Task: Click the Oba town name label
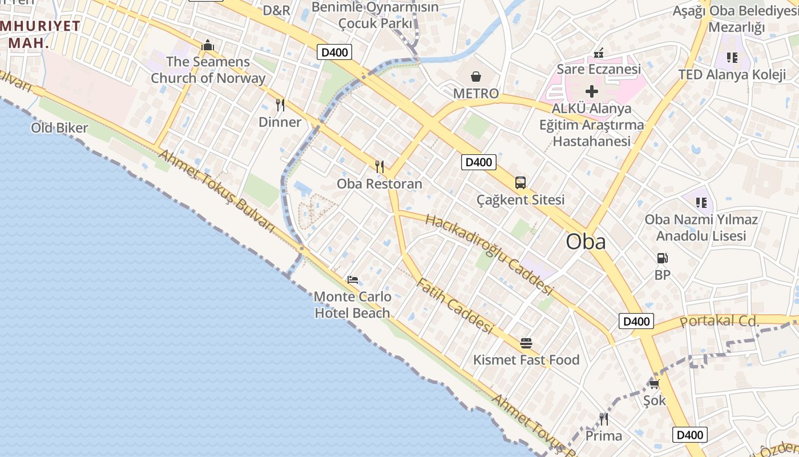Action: click(586, 242)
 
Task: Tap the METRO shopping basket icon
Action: click(475, 77)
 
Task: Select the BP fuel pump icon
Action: click(662, 258)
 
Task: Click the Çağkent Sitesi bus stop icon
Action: click(520, 183)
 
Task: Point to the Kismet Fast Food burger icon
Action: click(526, 343)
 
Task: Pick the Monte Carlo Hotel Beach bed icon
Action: click(353, 280)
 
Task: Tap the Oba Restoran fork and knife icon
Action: click(379, 166)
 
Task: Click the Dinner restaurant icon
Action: click(280, 105)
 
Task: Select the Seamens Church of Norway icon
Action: click(207, 45)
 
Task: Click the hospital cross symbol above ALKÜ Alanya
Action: click(592, 91)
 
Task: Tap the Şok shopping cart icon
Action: click(654, 383)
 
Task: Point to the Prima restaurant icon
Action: click(603, 419)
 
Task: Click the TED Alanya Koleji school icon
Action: click(732, 57)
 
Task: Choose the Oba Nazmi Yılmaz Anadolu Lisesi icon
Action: click(701, 202)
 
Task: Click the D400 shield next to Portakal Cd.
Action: click(636, 321)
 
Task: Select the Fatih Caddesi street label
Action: click(454, 306)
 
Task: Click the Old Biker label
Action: click(59, 127)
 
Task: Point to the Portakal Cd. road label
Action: click(720, 321)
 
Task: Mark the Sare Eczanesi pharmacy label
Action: click(599, 69)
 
